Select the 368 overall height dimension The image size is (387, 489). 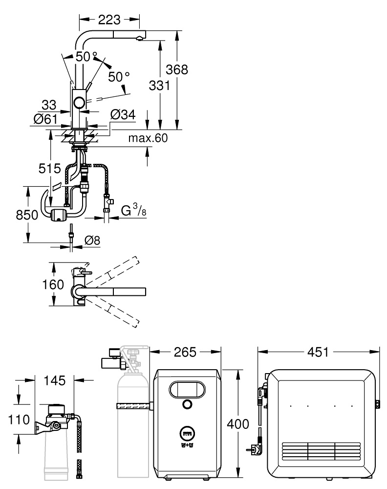point(177,69)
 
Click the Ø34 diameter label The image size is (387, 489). point(122,115)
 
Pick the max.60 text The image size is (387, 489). point(148,138)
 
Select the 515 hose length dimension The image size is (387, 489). point(51,169)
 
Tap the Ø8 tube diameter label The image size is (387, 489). point(93,240)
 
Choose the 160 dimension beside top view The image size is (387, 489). point(53,284)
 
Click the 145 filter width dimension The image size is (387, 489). point(54,381)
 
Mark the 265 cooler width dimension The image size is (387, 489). point(186,352)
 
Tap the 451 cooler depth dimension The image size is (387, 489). point(318,352)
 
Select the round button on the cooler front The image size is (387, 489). point(186,404)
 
